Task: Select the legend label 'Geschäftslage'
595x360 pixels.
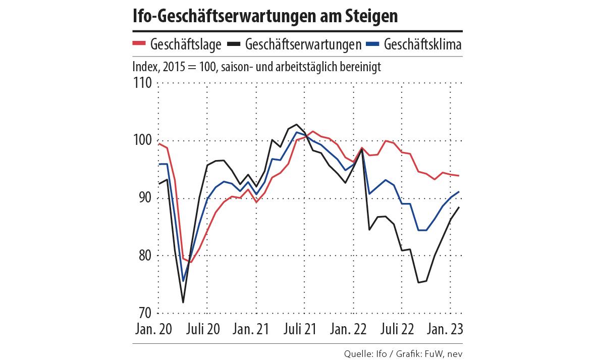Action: pyautogui.click(x=186, y=44)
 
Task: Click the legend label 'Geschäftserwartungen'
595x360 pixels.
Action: pyautogui.click(x=303, y=44)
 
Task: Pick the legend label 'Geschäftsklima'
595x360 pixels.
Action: pyautogui.click(x=422, y=44)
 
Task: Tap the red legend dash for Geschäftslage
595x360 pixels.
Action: pyautogui.click(x=139, y=44)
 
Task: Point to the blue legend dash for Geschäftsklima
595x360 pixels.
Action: pyautogui.click(x=372, y=44)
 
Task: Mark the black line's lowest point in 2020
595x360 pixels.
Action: pyautogui.click(x=183, y=302)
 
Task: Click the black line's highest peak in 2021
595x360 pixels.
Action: pyautogui.click(x=296, y=124)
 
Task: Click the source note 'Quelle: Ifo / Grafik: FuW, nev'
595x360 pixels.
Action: pyautogui.click(x=403, y=352)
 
